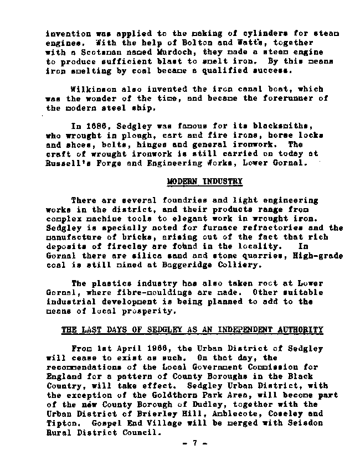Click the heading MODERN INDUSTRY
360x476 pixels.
pyautogui.click(x=205, y=181)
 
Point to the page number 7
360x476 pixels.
pyautogui.click(x=194, y=443)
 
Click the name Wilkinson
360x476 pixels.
pyautogui.click(x=94, y=89)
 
